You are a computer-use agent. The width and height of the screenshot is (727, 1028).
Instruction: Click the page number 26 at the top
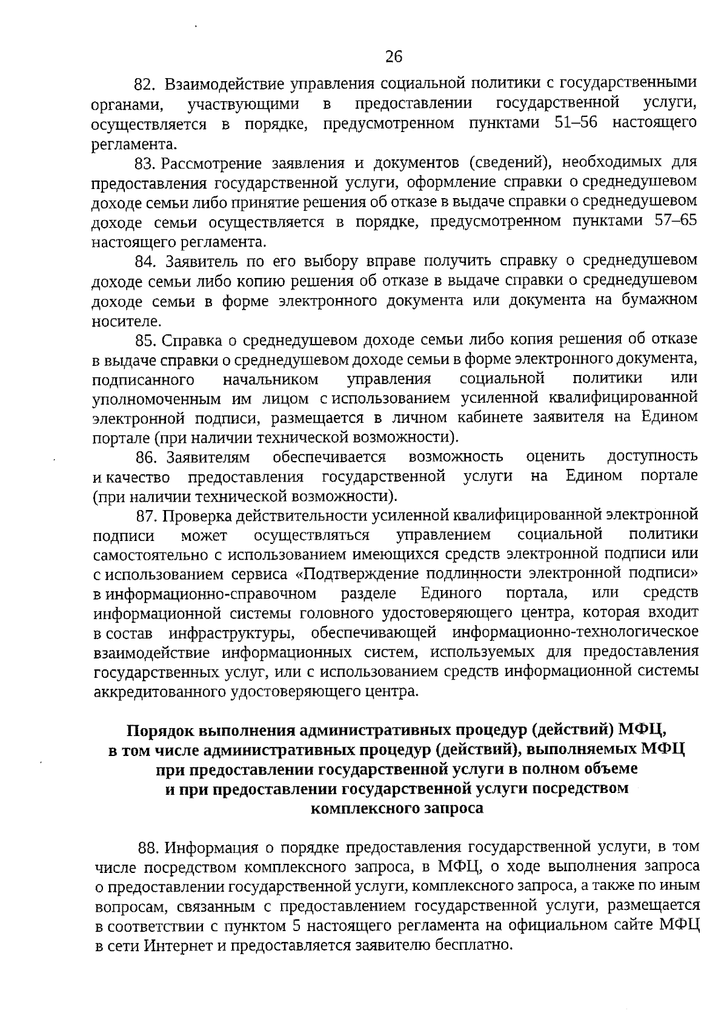point(394,57)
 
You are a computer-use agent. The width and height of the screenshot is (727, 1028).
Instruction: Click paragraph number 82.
point(146,83)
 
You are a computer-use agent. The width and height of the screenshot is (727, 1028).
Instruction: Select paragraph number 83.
point(146,163)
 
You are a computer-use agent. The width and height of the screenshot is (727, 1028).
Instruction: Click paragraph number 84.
point(146,261)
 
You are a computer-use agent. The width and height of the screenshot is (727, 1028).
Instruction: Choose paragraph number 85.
point(146,340)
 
